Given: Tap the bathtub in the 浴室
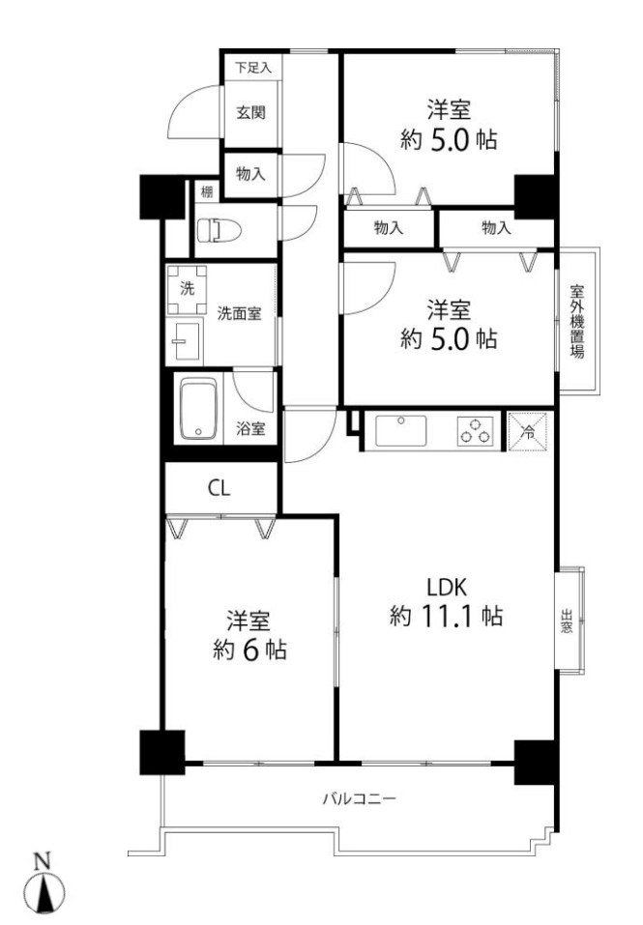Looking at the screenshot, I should [201, 410].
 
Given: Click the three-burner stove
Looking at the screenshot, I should [475, 429].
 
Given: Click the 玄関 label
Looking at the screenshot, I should [251, 112].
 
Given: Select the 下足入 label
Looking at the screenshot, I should [253, 68].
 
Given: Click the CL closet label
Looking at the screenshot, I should [219, 489].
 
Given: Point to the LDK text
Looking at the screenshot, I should [448, 586].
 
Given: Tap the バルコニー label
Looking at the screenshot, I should [360, 799].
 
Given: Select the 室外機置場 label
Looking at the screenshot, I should [577, 321].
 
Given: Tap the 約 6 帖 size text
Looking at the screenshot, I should [249, 650].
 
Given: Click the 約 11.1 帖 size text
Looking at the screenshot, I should [447, 615].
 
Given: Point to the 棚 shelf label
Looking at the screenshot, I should [207, 191].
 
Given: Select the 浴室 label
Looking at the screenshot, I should [251, 428].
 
